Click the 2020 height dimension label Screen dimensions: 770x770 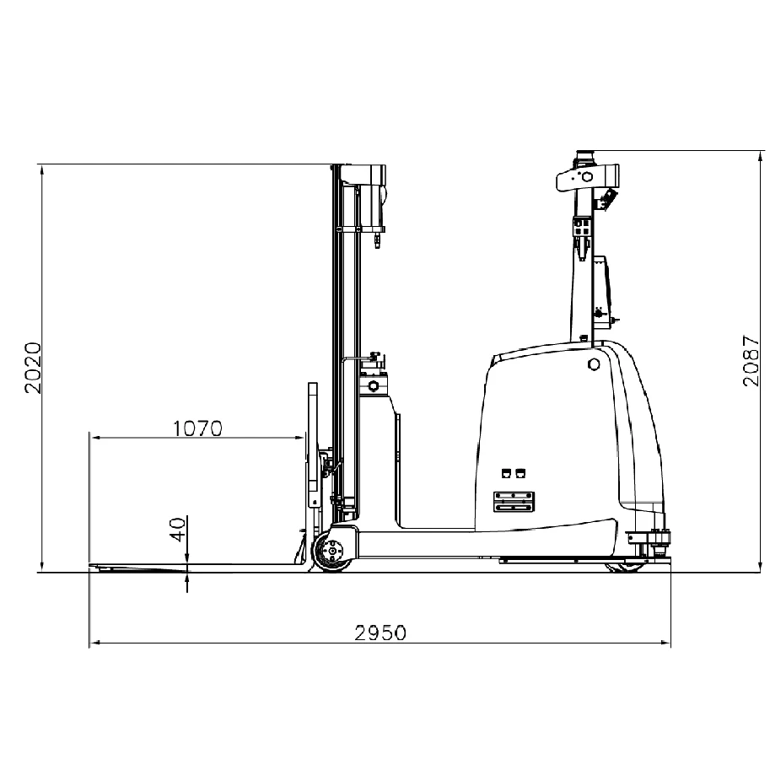coord(34,368)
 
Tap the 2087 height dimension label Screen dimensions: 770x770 coord(751,361)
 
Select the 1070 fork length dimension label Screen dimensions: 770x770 coord(198,428)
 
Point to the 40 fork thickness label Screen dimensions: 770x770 coord(179,530)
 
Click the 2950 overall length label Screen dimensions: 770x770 coord(380,633)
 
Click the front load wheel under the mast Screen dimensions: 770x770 coord(333,552)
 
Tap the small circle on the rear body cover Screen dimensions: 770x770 coord(594,364)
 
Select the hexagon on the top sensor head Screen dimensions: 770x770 coord(586,177)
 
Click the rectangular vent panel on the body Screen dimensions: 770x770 coord(514,501)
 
